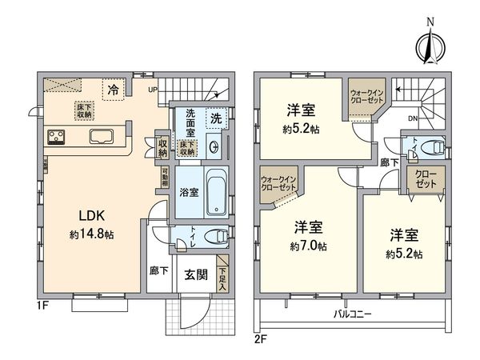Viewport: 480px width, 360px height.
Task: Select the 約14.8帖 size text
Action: click(90, 235)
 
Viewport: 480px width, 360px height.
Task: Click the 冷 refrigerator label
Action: click(114, 90)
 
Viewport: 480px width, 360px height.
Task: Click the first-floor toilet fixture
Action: click(212, 236)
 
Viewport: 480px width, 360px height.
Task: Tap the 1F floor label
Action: click(42, 305)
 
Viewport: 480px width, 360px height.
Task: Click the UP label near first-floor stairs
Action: click(151, 90)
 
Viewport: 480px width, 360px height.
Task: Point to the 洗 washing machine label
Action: click(216, 118)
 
